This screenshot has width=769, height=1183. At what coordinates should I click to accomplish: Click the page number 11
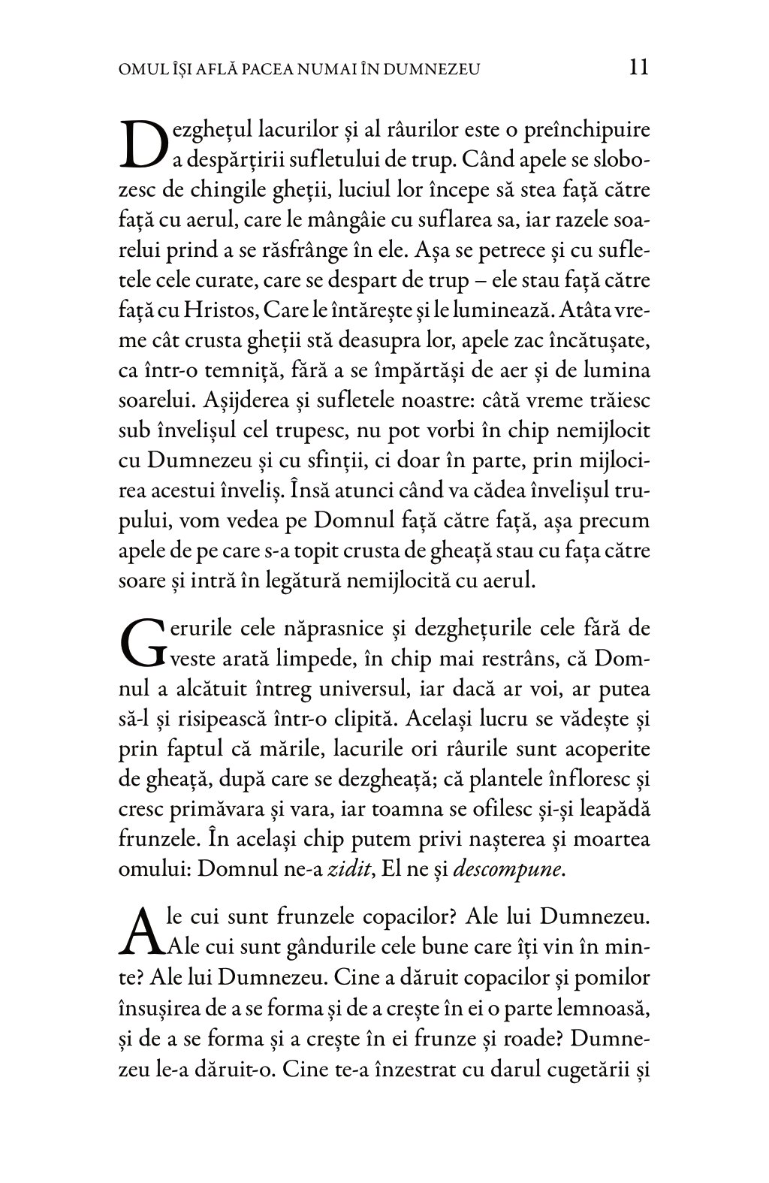(638, 68)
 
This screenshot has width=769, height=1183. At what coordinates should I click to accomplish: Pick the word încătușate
(593, 340)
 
